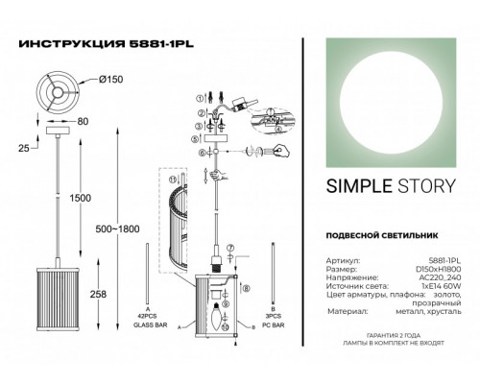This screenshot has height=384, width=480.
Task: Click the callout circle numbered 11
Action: click(174, 180)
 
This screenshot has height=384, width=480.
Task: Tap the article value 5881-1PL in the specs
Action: click(444, 259)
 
